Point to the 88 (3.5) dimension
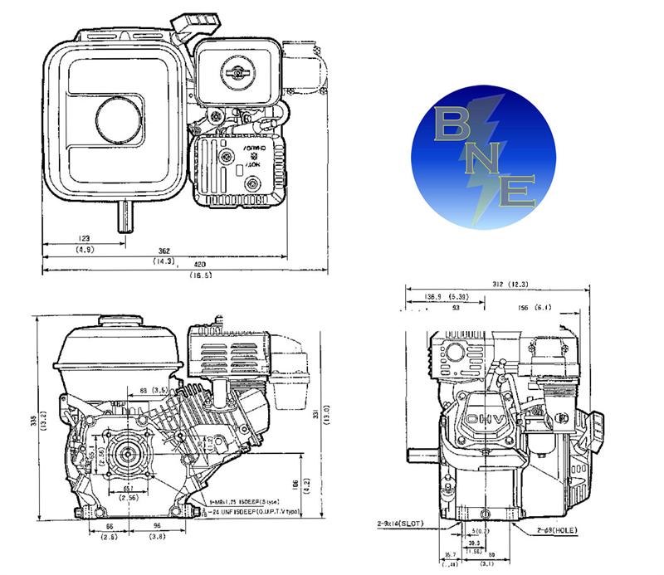155,389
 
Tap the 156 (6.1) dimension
559,308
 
